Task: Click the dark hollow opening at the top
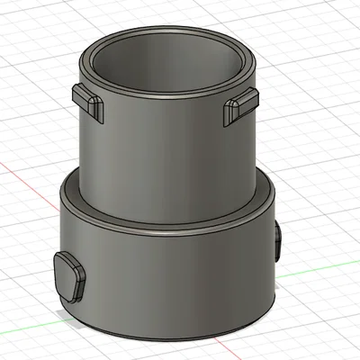(x=166, y=67)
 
